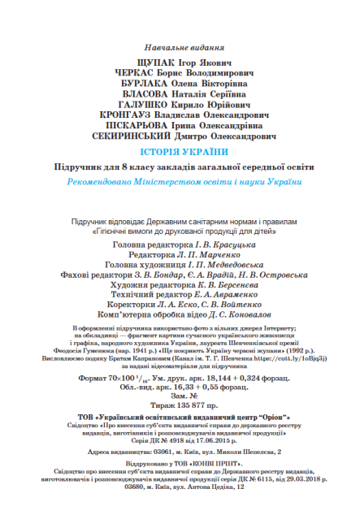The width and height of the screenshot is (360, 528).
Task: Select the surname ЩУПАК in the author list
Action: (x=140, y=63)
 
